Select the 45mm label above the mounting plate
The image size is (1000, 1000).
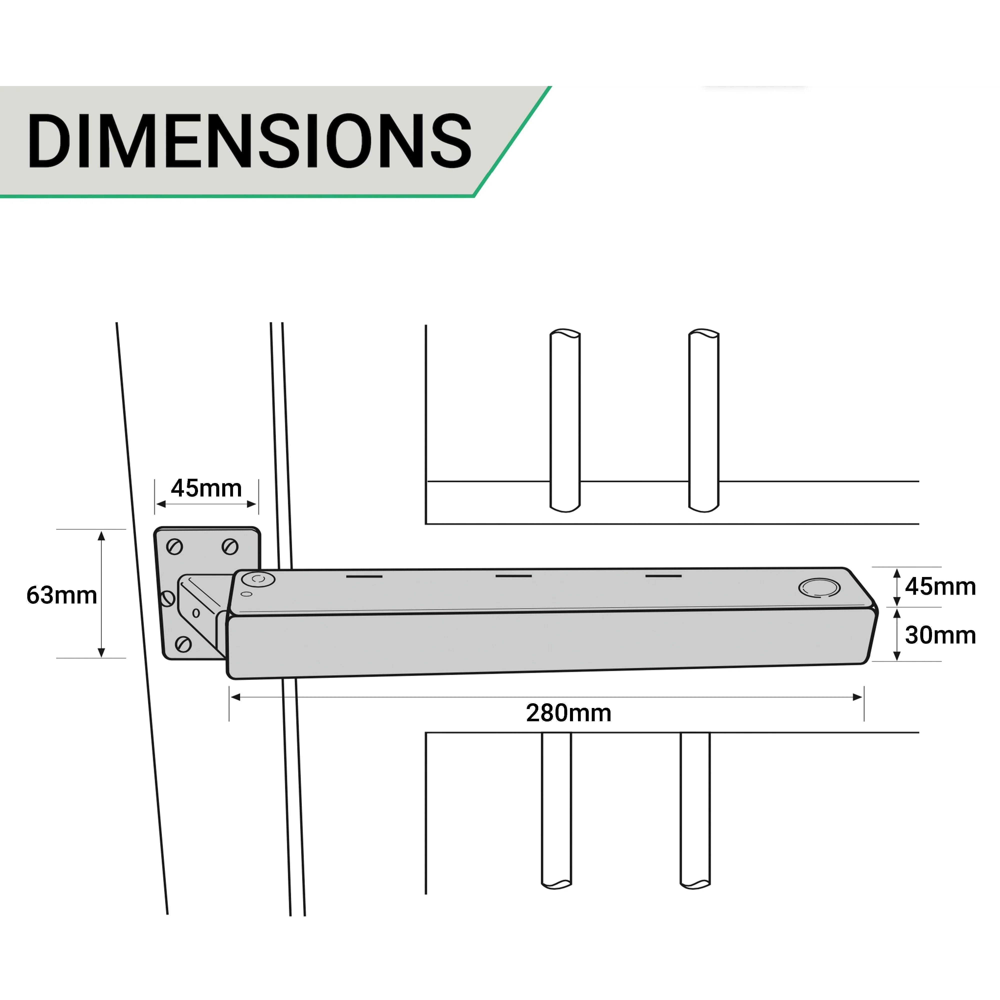click(x=206, y=488)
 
